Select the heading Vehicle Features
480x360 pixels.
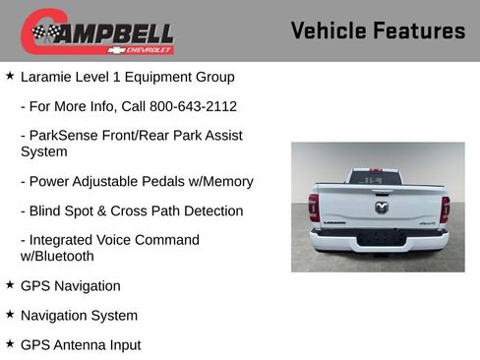click(378, 30)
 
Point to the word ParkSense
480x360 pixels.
click(68, 136)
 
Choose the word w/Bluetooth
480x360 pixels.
click(57, 257)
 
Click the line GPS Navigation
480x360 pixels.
click(71, 286)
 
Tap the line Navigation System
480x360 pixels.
click(79, 316)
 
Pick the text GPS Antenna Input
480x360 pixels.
click(81, 345)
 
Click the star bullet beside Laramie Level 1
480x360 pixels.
click(10, 76)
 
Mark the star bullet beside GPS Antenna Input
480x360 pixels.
click(10, 344)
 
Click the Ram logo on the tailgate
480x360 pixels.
click(381, 207)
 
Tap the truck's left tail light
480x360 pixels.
click(314, 207)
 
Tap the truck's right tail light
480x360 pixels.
click(445, 208)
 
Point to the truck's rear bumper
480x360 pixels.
click(379, 239)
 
